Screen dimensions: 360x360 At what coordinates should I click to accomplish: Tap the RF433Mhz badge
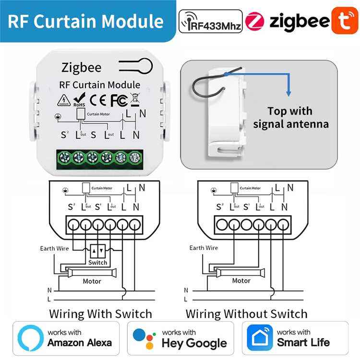[x=210, y=21]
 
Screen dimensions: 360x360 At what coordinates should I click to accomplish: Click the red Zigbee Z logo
[x=255, y=21]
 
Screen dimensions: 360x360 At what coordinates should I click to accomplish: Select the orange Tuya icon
[x=344, y=21]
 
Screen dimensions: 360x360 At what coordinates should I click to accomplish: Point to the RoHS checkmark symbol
[x=80, y=99]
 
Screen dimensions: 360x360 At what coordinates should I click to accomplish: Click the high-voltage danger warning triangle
[x=64, y=100]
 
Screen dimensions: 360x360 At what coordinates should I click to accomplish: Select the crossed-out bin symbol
[x=135, y=100]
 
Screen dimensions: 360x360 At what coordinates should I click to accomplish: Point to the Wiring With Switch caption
[x=101, y=314]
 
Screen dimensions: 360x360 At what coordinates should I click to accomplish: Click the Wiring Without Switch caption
[x=246, y=314]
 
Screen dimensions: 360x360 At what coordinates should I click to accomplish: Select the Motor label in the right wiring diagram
[x=241, y=281]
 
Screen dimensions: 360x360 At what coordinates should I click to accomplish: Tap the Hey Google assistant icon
[x=145, y=338]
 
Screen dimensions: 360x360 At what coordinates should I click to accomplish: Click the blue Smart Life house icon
[x=260, y=338]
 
